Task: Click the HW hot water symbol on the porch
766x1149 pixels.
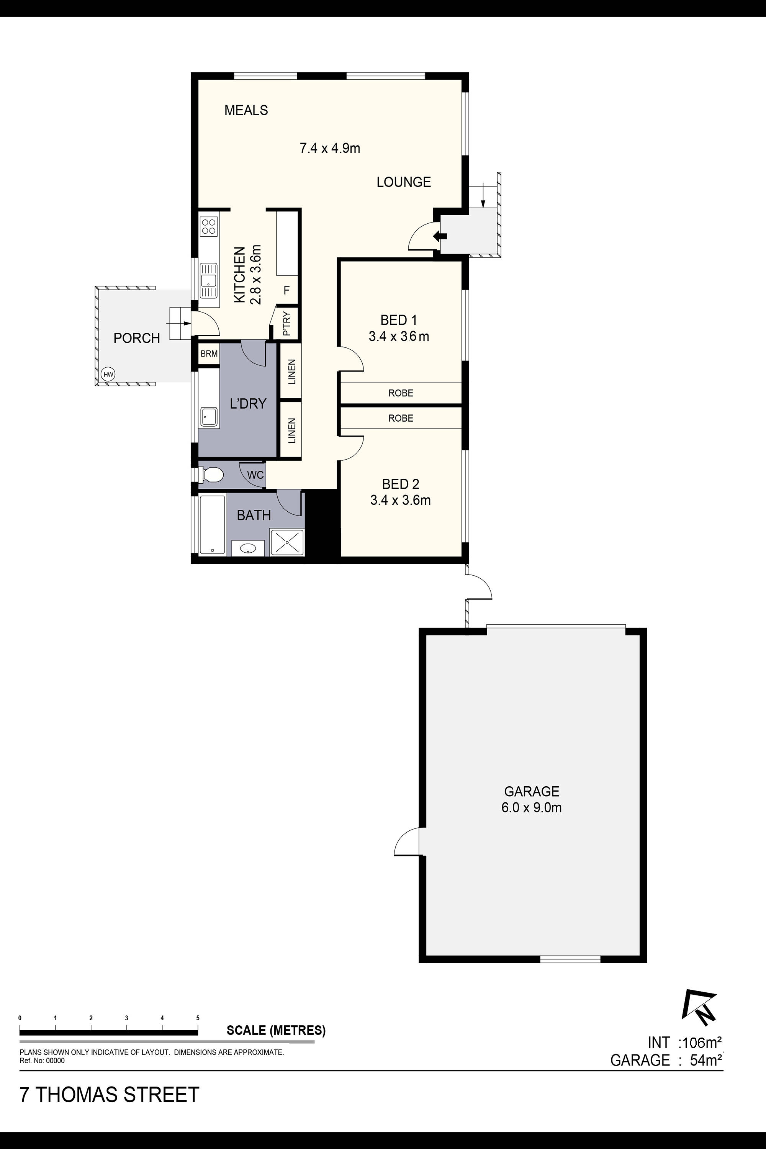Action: [x=108, y=375]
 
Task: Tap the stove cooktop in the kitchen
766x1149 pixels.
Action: [x=209, y=227]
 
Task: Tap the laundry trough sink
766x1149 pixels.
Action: [x=209, y=417]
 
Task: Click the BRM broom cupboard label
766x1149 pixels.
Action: [x=209, y=354]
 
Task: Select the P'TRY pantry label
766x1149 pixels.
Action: [x=287, y=323]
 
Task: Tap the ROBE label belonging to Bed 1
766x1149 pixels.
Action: [x=401, y=393]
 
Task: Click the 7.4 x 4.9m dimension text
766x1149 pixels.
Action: [x=330, y=148]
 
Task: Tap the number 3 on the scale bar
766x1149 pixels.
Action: [x=126, y=1018]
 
